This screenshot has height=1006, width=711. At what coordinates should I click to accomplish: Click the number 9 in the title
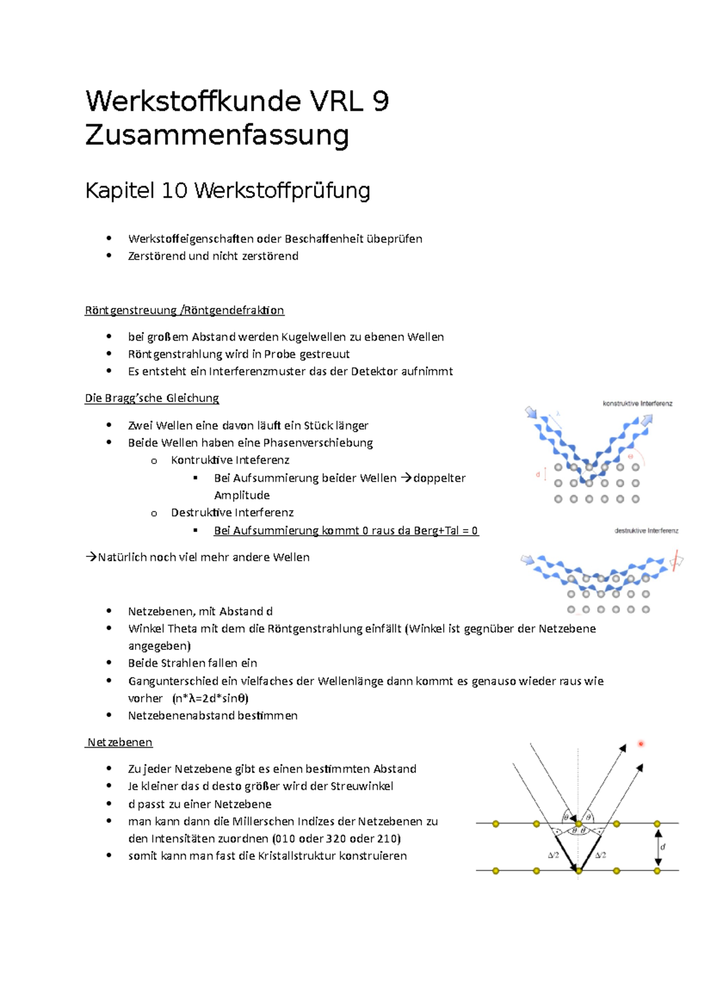point(380,101)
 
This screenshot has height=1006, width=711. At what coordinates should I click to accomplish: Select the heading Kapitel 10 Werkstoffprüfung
point(228,191)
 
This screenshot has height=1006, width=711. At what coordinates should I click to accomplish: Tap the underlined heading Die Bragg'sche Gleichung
point(152,398)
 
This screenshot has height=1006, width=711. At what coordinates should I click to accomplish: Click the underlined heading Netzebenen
point(119,742)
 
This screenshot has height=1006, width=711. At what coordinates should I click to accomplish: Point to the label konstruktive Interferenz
point(638,403)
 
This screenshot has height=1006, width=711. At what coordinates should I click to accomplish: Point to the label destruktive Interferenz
point(646,531)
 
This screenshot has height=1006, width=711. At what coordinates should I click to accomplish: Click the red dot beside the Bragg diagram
point(640,744)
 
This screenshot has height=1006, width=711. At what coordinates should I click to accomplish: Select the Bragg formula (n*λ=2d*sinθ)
point(210,699)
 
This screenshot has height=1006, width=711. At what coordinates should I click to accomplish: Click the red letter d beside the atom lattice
point(538,475)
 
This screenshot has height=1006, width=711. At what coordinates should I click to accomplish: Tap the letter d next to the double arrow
point(663,847)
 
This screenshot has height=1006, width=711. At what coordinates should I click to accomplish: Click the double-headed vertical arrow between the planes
point(658,847)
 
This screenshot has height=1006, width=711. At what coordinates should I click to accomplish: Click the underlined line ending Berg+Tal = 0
point(346,531)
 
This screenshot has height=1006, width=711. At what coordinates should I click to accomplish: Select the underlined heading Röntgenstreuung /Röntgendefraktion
point(184,310)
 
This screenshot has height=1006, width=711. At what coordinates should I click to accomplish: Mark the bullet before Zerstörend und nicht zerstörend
point(109,256)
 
